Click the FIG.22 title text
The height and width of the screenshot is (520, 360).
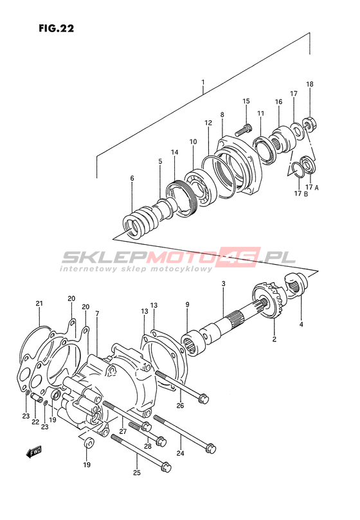pos(57,28)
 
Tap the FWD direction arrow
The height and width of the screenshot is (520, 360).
pos(34,451)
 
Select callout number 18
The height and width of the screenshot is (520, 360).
pos(310,84)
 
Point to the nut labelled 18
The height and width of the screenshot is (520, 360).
pos(310,124)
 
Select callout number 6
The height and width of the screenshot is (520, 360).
pos(132,179)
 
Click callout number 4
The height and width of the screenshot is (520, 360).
pos(301,325)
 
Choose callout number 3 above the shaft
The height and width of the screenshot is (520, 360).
pos(223,283)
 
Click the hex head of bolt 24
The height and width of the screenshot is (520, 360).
pos(211,448)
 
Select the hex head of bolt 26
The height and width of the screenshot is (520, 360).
pos(203,398)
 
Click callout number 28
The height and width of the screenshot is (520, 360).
pos(148,446)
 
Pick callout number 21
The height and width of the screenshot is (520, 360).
pos(39,303)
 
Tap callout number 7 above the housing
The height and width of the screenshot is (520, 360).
pos(97,314)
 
